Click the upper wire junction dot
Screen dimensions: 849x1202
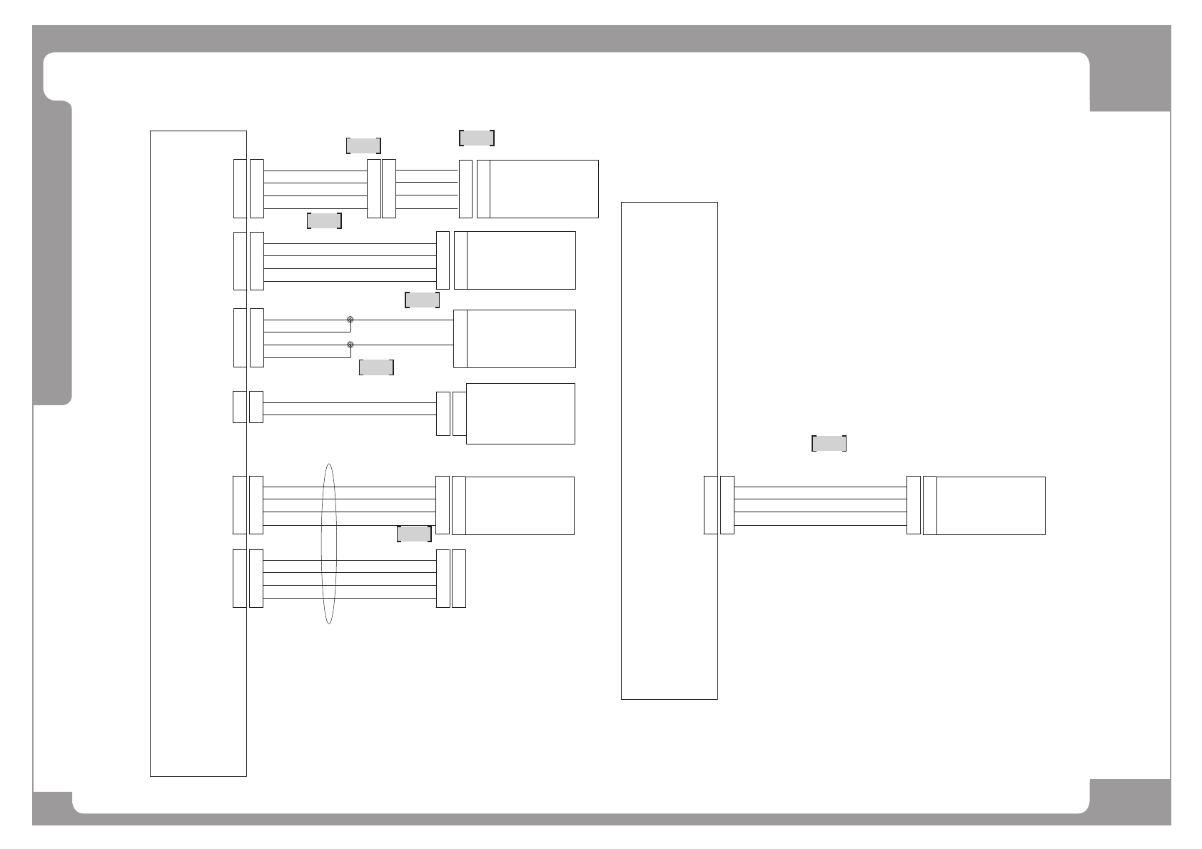[x=350, y=320]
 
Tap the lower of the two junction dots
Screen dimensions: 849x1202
[x=350, y=345]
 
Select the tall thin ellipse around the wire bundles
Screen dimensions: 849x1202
[x=328, y=544]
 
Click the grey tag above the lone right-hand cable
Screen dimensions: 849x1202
[x=829, y=444]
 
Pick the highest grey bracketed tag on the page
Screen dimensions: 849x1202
[x=477, y=138]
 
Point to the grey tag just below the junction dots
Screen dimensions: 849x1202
[x=376, y=367]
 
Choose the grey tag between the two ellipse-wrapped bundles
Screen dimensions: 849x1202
[x=414, y=534]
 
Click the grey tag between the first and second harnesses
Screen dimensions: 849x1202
[x=324, y=220]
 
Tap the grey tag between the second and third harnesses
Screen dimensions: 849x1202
[x=422, y=300]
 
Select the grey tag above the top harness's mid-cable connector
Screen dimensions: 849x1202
[x=363, y=146]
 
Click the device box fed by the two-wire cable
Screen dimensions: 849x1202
[x=520, y=414]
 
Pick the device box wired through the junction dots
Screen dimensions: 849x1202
[x=521, y=339]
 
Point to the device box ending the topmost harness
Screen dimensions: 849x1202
[x=544, y=189]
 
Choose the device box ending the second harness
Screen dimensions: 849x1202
[x=521, y=260]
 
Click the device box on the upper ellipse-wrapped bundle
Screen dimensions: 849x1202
[x=520, y=506]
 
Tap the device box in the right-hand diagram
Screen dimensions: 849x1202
[x=991, y=506]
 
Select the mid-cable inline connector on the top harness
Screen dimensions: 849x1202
[x=381, y=189]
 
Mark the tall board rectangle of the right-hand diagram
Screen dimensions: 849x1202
[x=669, y=451]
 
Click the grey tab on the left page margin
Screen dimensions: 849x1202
[x=53, y=253]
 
